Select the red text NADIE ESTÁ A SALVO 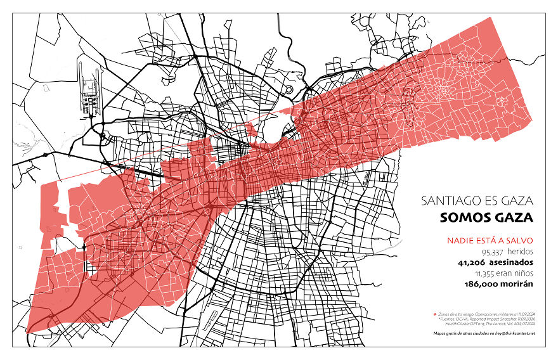click(x=490, y=240)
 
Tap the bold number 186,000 click(x=484, y=284)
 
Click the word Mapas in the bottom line click(x=440, y=333)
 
